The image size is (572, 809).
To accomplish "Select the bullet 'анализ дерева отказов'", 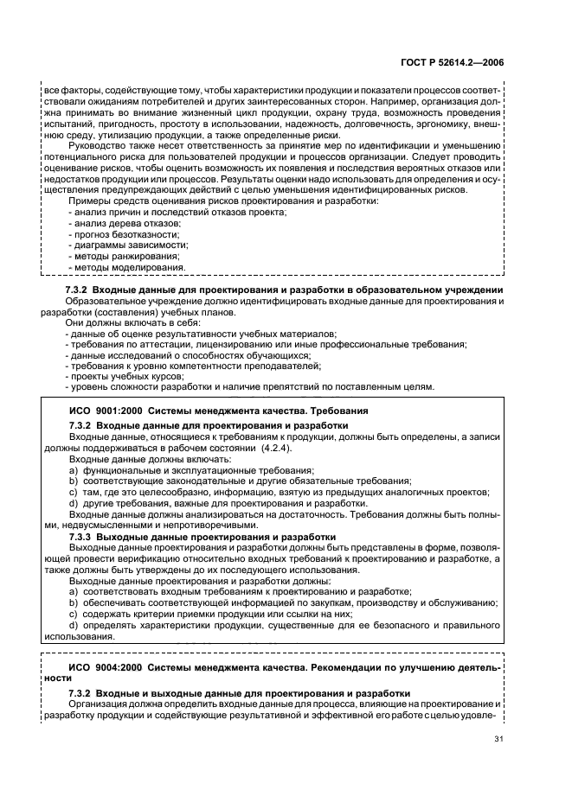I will (x=121, y=223).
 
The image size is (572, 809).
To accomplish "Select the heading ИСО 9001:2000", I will (x=218, y=411).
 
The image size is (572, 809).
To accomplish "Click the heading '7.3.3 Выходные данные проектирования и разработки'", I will (x=208, y=536).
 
